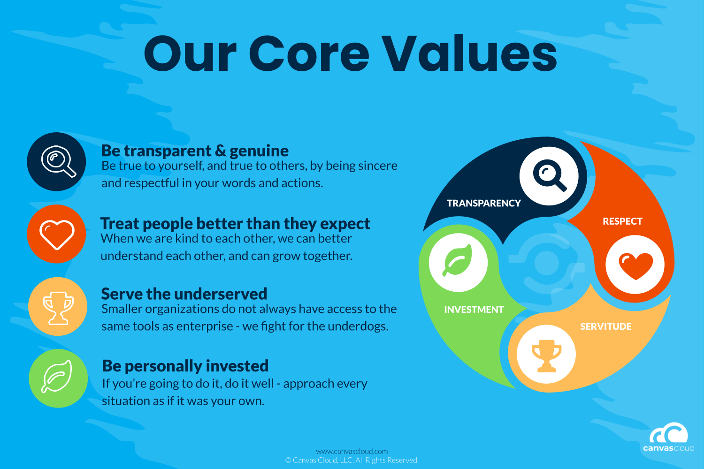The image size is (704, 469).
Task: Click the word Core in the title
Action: [309, 54]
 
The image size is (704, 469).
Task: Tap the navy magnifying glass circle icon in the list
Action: [57, 162]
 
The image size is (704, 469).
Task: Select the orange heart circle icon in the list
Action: [57, 234]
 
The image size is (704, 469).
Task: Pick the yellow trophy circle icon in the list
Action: [58, 307]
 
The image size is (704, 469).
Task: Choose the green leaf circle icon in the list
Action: [59, 378]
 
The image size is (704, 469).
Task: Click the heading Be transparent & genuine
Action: [195, 151]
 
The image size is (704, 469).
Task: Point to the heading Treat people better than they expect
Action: [235, 224]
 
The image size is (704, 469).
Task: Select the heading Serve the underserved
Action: [184, 294]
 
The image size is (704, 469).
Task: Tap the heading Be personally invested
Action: [185, 366]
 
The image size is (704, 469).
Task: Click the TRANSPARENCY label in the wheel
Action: [484, 203]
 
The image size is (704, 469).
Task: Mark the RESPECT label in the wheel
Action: [622, 221]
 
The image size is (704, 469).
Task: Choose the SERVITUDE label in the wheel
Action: [606, 327]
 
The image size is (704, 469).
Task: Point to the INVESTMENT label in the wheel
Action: [474, 310]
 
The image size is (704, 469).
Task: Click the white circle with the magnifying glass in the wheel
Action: [549, 176]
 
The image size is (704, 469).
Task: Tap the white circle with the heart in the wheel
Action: [635, 265]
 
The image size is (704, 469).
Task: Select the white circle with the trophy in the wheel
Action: [546, 355]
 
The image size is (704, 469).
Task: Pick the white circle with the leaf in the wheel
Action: [458, 263]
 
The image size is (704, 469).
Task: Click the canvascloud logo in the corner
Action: [669, 437]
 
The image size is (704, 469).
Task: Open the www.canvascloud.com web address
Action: [352, 451]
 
